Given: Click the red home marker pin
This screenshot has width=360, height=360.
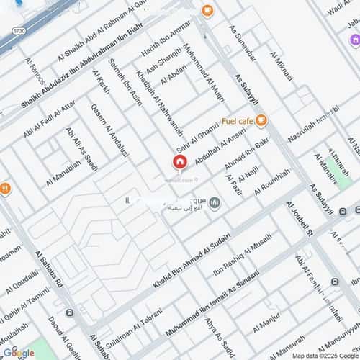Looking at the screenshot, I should [x=179, y=162].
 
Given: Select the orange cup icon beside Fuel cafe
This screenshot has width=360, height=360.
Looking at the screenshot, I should [x=261, y=120].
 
